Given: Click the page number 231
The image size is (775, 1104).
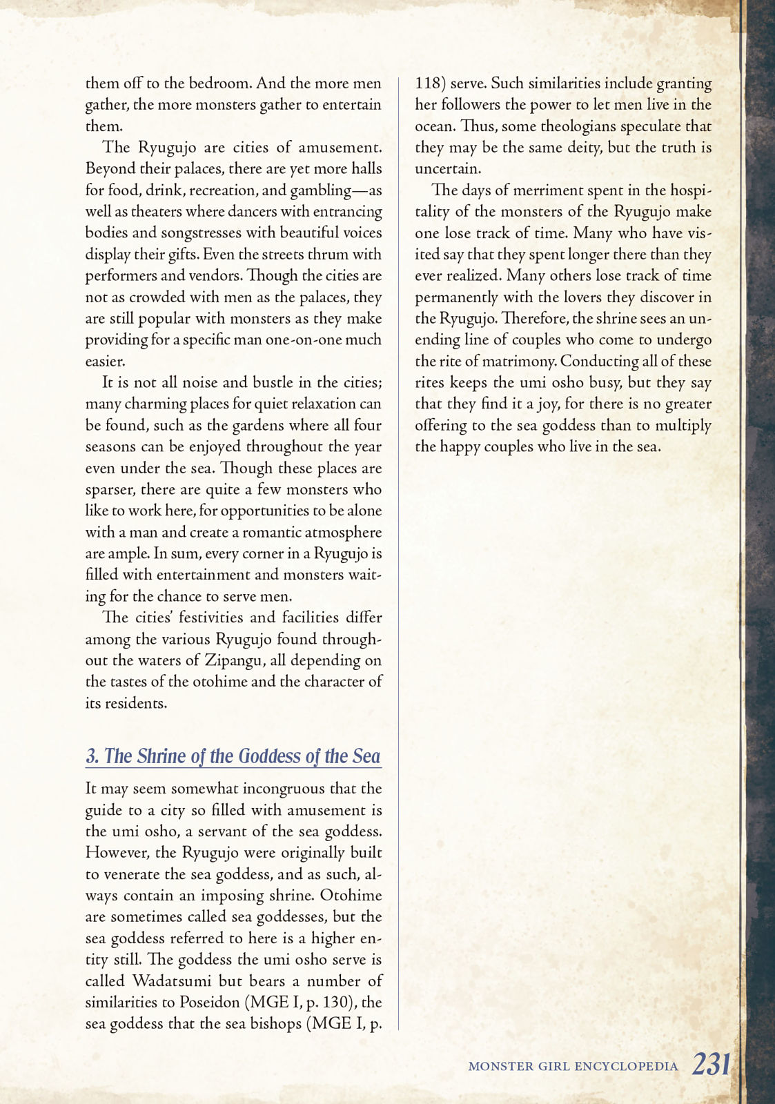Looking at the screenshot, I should pyautogui.click(x=711, y=1064).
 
